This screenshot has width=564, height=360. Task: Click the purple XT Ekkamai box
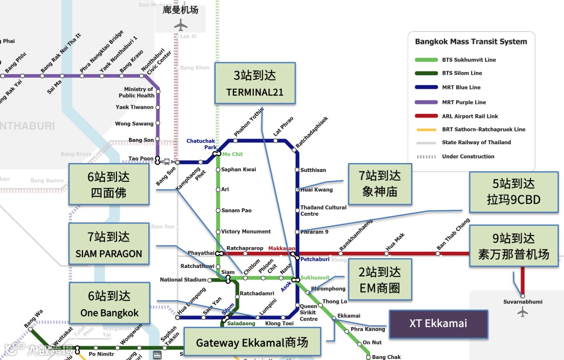click(x=439, y=323)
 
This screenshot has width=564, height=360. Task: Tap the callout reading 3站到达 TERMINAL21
click(x=254, y=83)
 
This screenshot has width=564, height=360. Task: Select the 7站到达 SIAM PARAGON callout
click(x=109, y=245)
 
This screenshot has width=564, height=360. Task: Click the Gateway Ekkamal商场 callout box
click(x=252, y=343)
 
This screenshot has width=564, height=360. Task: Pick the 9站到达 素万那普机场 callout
click(x=514, y=246)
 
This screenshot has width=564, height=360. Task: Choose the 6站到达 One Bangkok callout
click(x=109, y=304)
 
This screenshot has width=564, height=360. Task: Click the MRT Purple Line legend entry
click(x=464, y=102)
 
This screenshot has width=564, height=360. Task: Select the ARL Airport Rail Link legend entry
click(x=469, y=117)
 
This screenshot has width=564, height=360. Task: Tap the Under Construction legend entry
click(x=468, y=157)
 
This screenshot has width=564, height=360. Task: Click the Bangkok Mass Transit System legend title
click(x=471, y=42)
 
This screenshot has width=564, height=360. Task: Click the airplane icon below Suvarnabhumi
click(x=523, y=312)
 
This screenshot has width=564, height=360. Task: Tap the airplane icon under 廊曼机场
click(x=181, y=25)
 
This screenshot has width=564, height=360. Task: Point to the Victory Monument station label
click(x=245, y=231)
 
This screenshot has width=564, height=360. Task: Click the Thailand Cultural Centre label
click(x=323, y=211)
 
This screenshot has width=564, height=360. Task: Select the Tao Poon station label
click(x=140, y=158)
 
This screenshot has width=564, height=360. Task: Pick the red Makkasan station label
click(x=281, y=248)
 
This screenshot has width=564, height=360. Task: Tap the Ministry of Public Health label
click(x=136, y=92)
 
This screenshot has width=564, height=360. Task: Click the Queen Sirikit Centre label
click(x=309, y=312)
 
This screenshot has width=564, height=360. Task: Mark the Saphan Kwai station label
click(x=239, y=169)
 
